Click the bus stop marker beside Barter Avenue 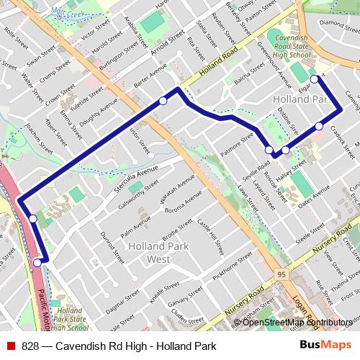click(x=163, y=102)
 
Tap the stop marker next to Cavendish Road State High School click(x=314, y=78)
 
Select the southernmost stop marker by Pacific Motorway click(x=37, y=263)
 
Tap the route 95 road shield click(x=280, y=274)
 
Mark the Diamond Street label click(x=338, y=22)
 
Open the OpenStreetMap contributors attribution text click(x=299, y=323)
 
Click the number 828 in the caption click(x=30, y=346)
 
